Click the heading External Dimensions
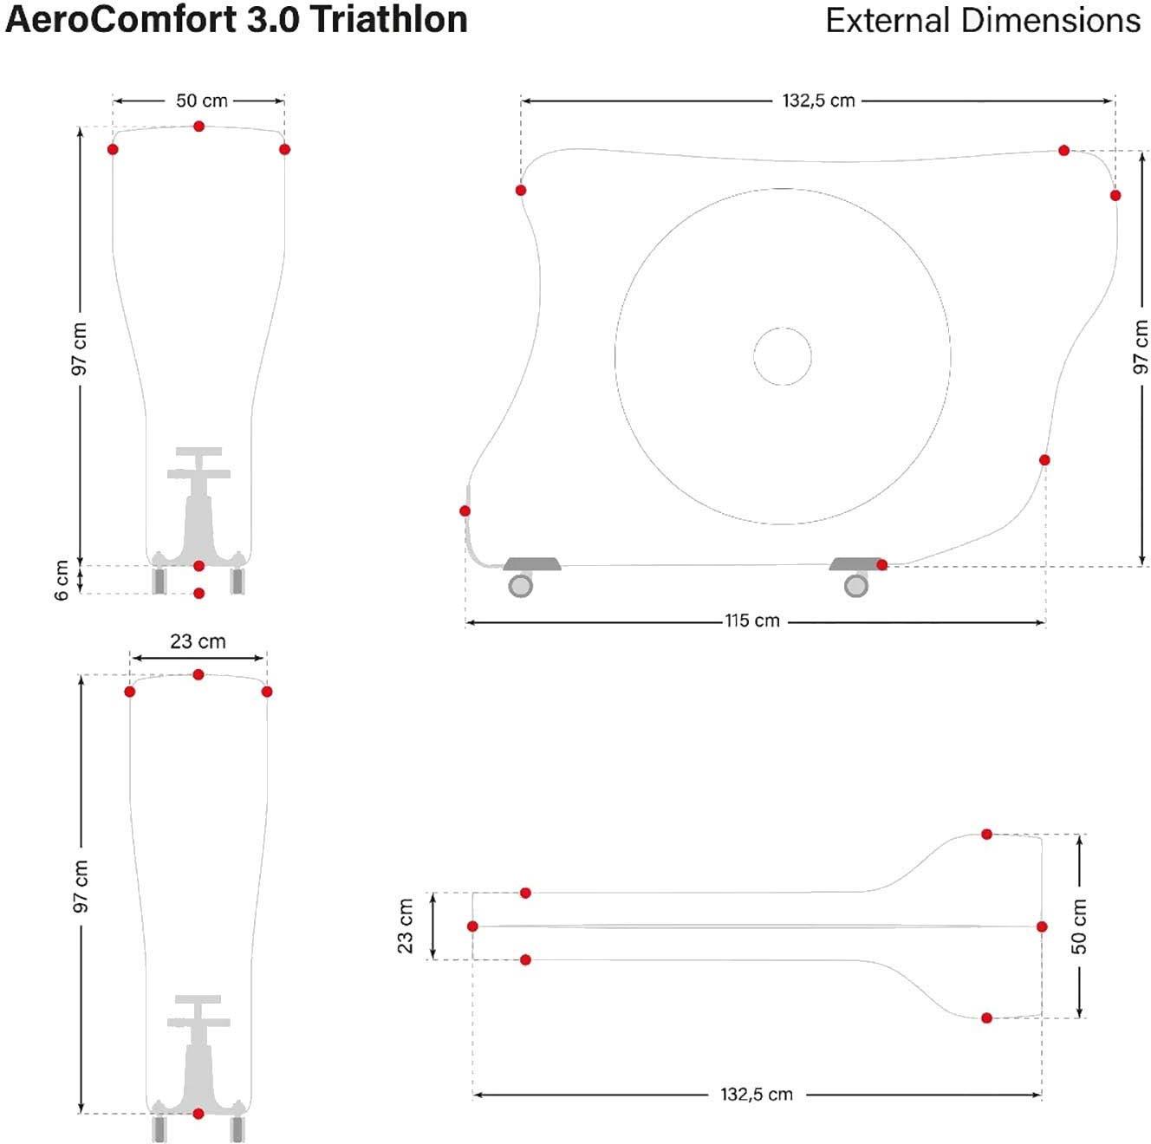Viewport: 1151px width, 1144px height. click(983, 20)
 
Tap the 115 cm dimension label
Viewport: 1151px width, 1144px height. click(752, 621)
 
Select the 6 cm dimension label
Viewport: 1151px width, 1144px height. click(62, 580)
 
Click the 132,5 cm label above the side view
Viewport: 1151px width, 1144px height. click(818, 101)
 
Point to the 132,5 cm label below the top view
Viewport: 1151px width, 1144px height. click(756, 1094)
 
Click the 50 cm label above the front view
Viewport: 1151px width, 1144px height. click(202, 101)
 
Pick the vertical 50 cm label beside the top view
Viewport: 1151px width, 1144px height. click(1079, 926)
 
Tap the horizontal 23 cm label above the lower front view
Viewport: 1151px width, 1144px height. click(198, 641)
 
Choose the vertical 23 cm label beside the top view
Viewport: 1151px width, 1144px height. click(406, 926)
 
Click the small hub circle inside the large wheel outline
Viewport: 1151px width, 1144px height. click(783, 356)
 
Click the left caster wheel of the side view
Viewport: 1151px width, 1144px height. click(520, 586)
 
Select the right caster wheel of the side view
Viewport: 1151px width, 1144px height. click(856, 586)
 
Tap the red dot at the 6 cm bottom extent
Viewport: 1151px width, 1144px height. click(199, 594)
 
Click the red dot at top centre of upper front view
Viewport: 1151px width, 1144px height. click(199, 127)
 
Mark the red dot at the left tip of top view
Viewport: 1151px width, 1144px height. click(472, 926)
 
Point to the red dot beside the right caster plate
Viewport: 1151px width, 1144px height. click(881, 565)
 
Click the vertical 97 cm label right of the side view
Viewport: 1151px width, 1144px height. click(1141, 347)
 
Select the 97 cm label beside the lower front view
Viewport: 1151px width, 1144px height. click(81, 886)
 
